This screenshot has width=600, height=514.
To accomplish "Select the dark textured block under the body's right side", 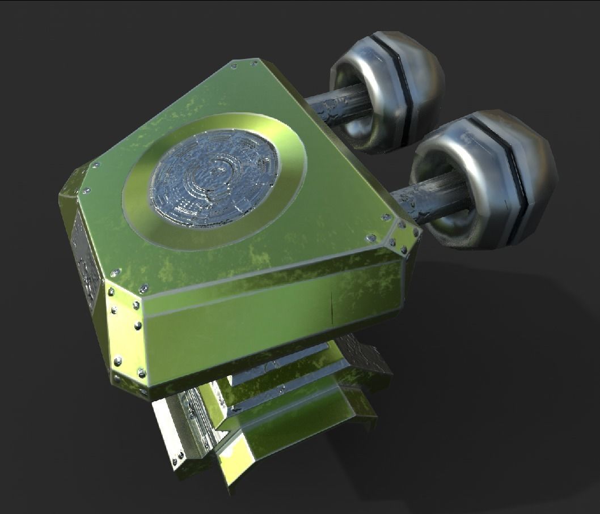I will point(369,357).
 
